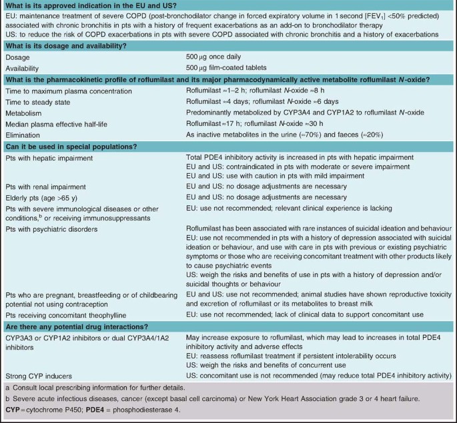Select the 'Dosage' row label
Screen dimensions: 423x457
(19, 58)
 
